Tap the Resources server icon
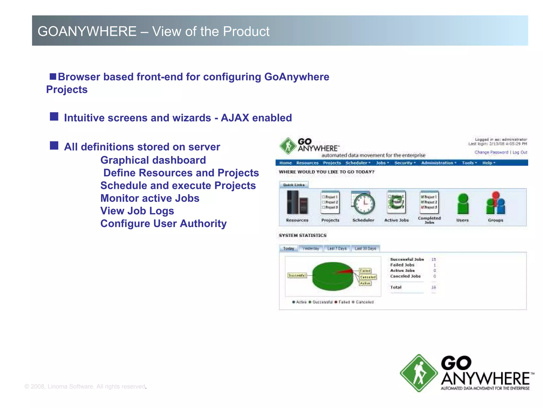pos(297,203)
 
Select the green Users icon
pos(463,204)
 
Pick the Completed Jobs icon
pos(429,202)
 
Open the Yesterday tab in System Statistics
pos(310,249)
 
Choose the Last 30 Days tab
pos(365,249)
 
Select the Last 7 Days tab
pos(337,249)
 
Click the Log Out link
pos(520,152)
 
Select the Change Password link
pos(491,152)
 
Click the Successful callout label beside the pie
pos(297,275)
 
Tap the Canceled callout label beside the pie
pos(368,277)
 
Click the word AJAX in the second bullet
pos(235,118)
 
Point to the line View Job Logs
pos(137,211)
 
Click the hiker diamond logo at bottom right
pos(419,373)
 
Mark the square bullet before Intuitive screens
pos(54,117)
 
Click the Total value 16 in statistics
pos(433,287)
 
